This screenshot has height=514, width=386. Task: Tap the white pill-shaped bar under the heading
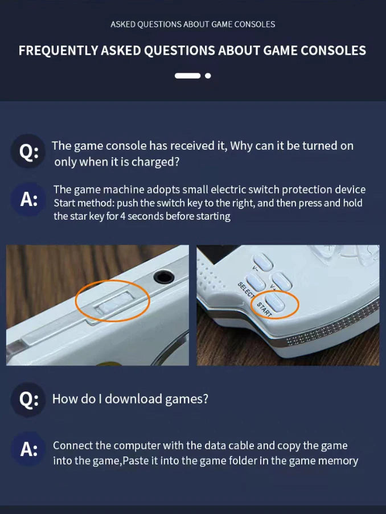click(187, 75)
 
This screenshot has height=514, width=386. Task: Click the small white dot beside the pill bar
click(208, 75)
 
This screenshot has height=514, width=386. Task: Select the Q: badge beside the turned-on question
click(28, 153)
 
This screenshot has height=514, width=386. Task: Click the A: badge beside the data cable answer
click(28, 449)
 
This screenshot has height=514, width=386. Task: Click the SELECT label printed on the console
click(245, 288)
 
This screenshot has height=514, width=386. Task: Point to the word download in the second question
click(133, 399)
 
